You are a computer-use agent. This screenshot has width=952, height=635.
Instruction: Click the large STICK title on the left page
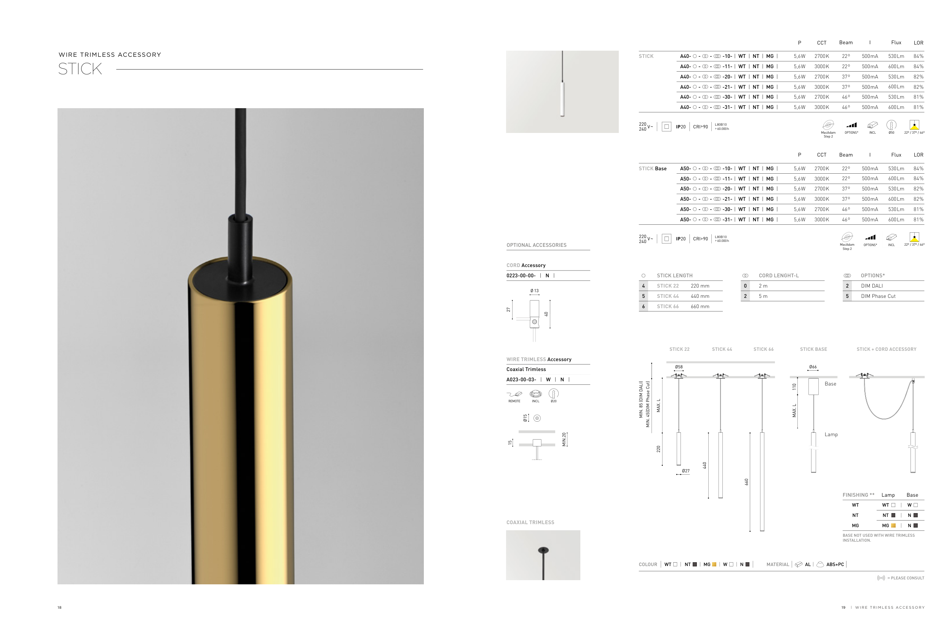(80, 69)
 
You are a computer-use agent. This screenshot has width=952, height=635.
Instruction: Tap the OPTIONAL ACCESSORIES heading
(536, 245)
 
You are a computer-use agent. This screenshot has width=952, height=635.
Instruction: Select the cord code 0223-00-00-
(521, 275)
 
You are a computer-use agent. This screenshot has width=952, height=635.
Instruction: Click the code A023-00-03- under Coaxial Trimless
(521, 379)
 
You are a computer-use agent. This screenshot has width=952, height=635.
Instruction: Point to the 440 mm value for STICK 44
(700, 296)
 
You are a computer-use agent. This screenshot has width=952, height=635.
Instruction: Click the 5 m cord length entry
(763, 296)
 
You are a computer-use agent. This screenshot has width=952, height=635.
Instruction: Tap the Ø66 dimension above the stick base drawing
(813, 367)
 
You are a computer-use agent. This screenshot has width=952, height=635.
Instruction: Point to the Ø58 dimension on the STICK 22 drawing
(679, 367)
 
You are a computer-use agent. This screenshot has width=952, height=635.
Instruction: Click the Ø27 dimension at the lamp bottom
(686, 471)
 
